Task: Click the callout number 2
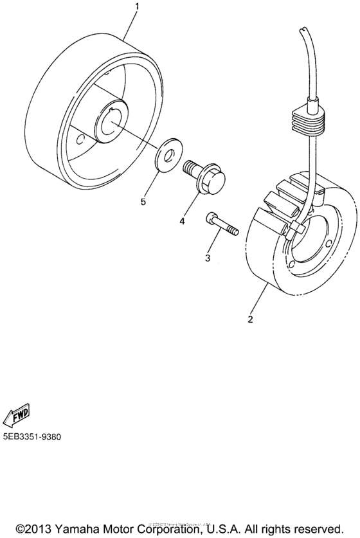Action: (251, 319)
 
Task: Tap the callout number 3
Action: (208, 258)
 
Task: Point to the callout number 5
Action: (144, 202)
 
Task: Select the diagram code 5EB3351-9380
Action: (32, 436)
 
